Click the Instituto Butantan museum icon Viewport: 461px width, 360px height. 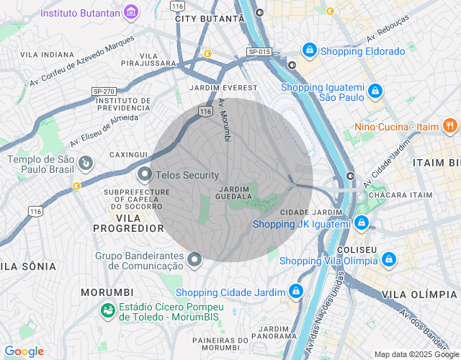coord(131,12)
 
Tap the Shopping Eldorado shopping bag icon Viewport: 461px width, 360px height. coord(309,50)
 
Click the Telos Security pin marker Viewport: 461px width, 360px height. coord(145,174)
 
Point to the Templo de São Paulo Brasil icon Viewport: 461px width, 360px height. coord(86,164)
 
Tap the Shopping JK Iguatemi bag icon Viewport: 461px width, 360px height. coord(362,223)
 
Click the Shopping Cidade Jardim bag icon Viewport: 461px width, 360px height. coord(295,291)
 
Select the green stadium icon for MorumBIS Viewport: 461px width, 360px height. coord(108,311)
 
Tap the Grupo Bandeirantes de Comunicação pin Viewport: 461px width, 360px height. coord(194,259)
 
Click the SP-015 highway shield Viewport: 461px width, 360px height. coord(259,52)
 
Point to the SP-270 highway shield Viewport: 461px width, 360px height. coord(104,91)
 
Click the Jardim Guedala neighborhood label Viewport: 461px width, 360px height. coord(233,193)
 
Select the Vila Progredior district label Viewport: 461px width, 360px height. coord(129,222)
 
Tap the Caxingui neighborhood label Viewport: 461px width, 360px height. coord(128,154)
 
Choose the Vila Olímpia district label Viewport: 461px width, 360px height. coord(419,294)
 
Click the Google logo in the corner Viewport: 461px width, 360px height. coord(24,351)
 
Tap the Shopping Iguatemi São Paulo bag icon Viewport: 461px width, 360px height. coord(375,91)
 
